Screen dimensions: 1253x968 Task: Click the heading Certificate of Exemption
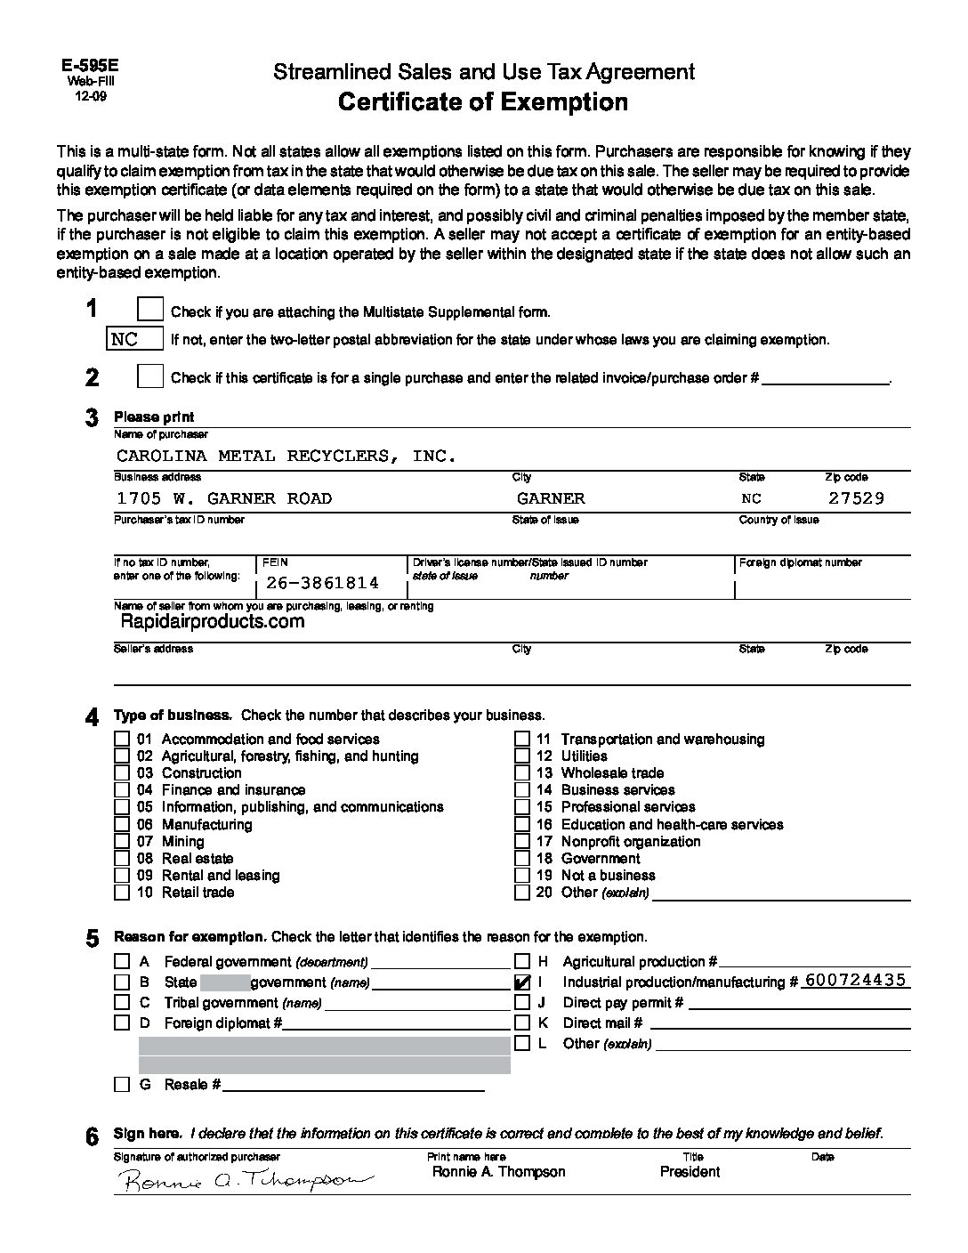(483, 102)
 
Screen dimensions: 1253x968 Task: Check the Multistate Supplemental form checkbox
(150, 310)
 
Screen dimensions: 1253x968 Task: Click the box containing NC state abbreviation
(135, 339)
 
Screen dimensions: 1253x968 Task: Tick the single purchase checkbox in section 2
(150, 376)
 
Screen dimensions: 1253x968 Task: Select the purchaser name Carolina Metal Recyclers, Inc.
(286, 456)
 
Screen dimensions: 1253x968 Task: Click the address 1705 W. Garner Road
(224, 498)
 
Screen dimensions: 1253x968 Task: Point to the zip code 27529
(856, 498)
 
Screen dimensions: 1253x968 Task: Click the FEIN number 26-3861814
(322, 583)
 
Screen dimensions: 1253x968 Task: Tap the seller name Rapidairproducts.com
(212, 622)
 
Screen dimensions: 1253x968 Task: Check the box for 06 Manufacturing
(122, 825)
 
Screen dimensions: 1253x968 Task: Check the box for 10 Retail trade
(122, 893)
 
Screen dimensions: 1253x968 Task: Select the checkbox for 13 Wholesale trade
(522, 773)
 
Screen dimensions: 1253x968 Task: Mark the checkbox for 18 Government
(522, 859)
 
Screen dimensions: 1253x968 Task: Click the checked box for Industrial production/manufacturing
(523, 982)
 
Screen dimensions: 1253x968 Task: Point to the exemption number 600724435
(854, 980)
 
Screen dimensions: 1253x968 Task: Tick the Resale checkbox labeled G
(122, 1085)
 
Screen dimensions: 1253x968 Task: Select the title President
(690, 1172)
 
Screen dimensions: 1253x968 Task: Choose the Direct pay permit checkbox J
(523, 1003)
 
